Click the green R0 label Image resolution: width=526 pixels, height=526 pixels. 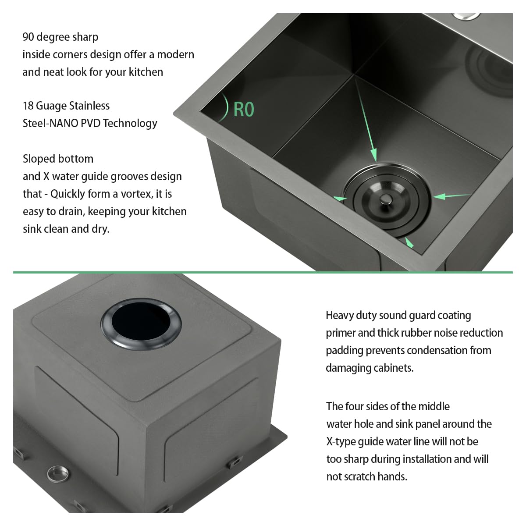click(x=244, y=110)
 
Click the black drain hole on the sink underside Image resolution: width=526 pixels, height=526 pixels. click(x=141, y=324)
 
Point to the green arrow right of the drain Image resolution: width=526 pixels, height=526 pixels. click(x=452, y=196)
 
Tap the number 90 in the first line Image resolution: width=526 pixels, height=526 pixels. click(x=28, y=37)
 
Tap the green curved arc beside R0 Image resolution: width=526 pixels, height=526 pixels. click(x=225, y=107)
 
